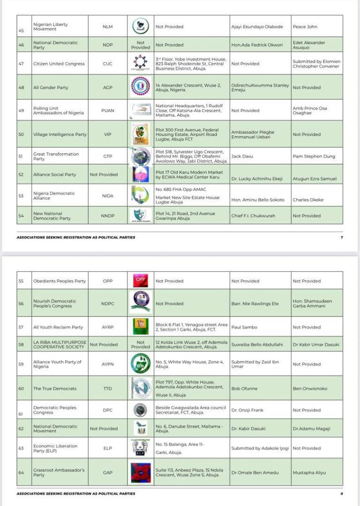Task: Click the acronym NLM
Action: click(107, 27)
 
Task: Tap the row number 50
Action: click(21, 134)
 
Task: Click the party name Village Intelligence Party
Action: click(60, 134)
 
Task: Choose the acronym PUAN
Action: click(107, 111)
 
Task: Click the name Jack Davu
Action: click(241, 157)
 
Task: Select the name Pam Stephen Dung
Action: click(314, 157)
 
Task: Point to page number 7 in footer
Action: click(342, 237)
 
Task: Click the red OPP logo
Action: click(140, 280)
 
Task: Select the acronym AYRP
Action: click(107, 327)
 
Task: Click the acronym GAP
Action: click(107, 473)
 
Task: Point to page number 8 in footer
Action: click(342, 494)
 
